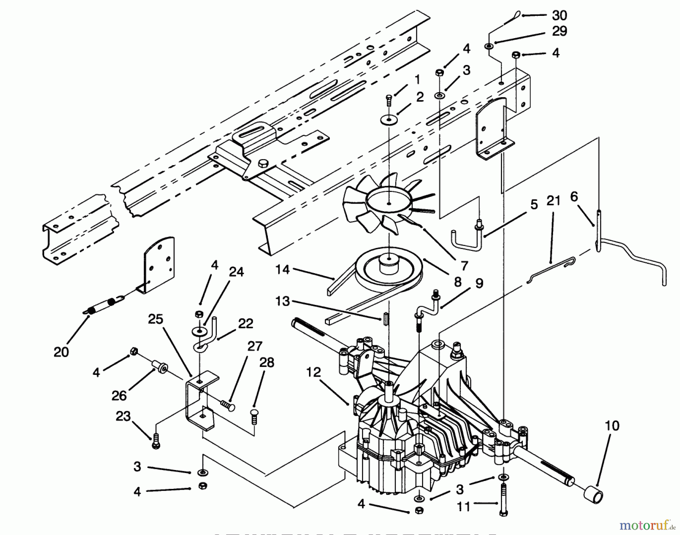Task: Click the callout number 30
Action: [559, 15]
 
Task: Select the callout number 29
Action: [559, 31]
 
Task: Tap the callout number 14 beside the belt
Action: [283, 269]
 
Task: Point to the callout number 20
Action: [61, 352]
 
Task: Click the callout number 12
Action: [313, 372]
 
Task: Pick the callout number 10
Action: [612, 426]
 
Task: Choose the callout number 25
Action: [155, 319]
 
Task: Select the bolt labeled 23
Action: [155, 441]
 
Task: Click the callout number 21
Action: [553, 201]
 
